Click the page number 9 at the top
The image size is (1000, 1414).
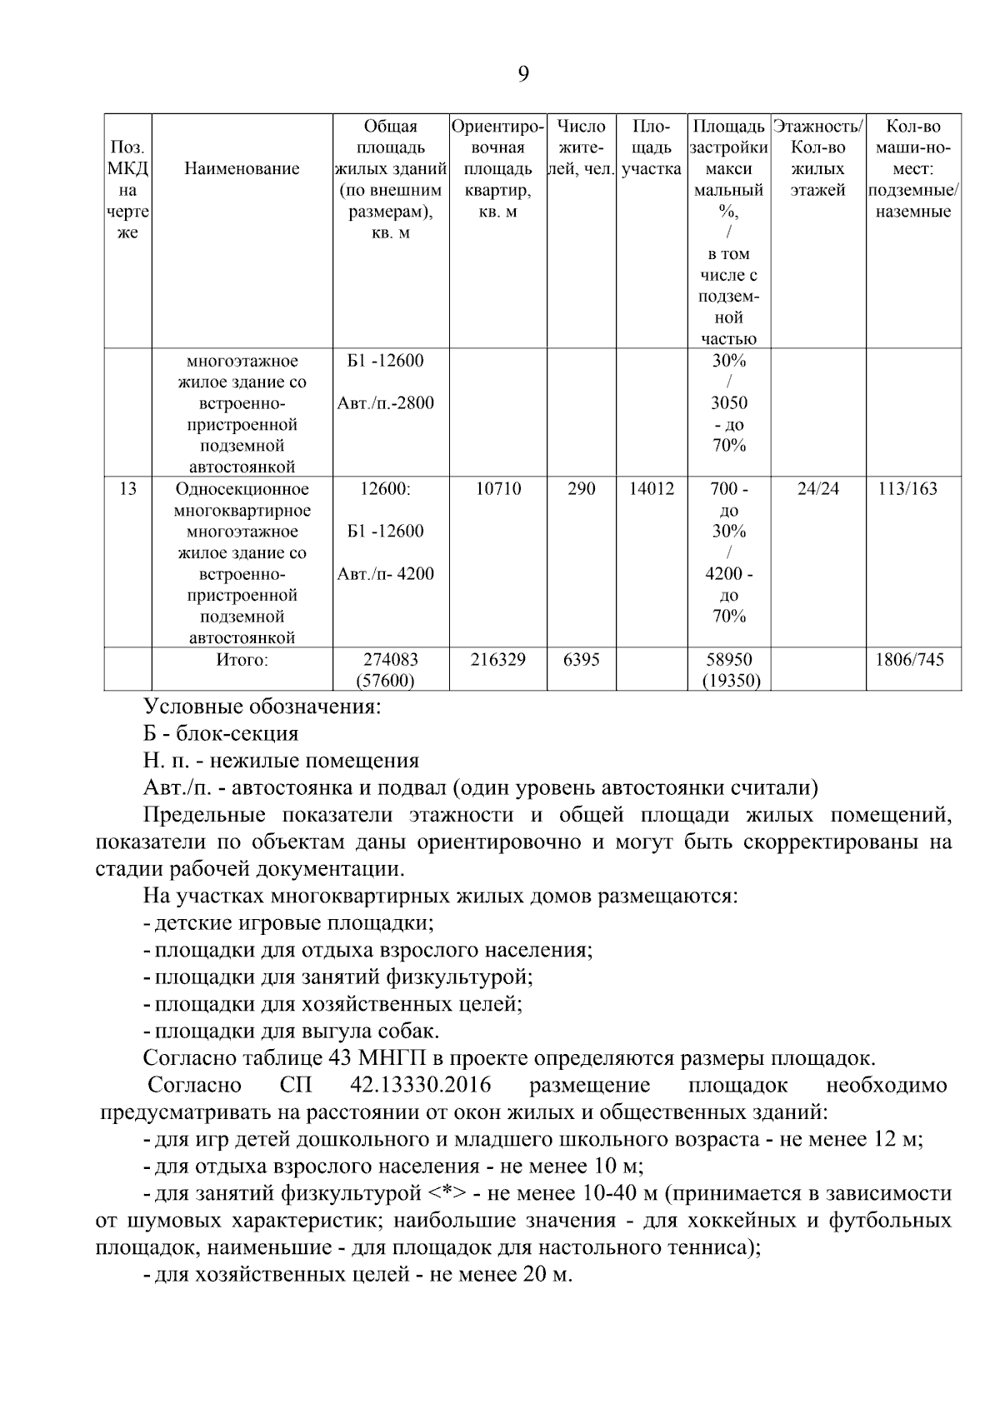tap(522, 75)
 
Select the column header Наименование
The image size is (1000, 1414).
tap(242, 169)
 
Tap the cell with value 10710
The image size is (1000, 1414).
tap(498, 489)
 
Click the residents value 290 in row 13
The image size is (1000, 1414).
tap(582, 489)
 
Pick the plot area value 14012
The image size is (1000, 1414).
tap(652, 489)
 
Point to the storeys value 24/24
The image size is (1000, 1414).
tap(818, 489)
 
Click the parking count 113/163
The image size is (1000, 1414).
tap(913, 489)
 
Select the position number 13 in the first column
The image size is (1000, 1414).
tap(127, 489)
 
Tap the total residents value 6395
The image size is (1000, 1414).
tap(582, 660)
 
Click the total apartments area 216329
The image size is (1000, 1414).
tap(498, 660)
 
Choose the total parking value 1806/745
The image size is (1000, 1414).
tap(913, 660)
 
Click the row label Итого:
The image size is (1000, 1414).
tap(242, 660)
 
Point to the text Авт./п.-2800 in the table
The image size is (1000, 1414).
tap(385, 404)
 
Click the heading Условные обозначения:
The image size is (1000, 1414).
tap(262, 707)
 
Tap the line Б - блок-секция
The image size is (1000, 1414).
tap(221, 734)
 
